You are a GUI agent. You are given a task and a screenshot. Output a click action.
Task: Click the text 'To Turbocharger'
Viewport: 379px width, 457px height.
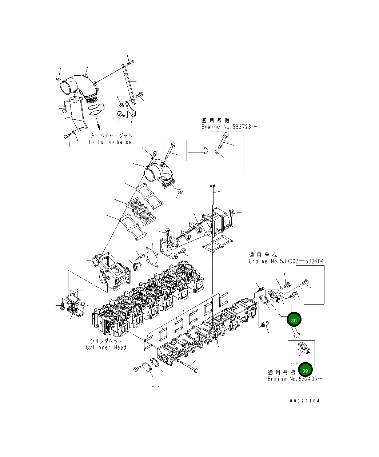click(x=111, y=142)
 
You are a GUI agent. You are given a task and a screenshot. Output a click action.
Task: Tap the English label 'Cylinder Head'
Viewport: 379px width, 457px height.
click(x=106, y=347)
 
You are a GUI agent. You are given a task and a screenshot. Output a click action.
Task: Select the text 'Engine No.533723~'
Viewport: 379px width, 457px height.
click(x=229, y=127)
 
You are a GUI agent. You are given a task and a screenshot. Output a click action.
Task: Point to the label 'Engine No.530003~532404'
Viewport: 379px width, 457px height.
click(x=286, y=261)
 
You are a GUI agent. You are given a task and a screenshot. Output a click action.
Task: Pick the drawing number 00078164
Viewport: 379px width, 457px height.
click(x=304, y=401)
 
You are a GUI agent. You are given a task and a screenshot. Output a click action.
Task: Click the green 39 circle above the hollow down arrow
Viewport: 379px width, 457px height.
click(x=294, y=320)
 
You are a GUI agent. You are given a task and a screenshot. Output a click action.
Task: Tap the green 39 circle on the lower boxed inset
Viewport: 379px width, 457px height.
click(x=305, y=370)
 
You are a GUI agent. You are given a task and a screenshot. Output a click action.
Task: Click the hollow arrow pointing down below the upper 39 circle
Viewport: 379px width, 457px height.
click(x=296, y=333)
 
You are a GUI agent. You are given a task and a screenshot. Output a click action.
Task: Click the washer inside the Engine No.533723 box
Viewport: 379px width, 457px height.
click(x=217, y=152)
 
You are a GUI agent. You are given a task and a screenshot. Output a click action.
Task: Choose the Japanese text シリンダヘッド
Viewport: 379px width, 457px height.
click(x=106, y=341)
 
